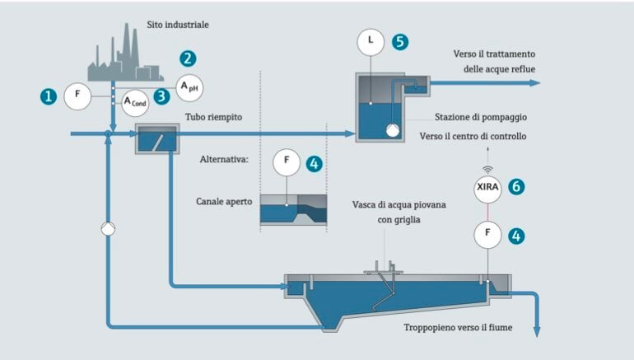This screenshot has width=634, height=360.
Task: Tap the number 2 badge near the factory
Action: click(x=189, y=58)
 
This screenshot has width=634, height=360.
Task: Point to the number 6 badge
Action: click(x=516, y=186)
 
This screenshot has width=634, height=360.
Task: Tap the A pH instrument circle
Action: click(x=191, y=85)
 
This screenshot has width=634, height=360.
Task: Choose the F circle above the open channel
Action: click(x=286, y=162)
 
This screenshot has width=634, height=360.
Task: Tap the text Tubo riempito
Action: click(x=213, y=118)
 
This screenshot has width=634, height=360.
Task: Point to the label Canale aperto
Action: click(x=224, y=200)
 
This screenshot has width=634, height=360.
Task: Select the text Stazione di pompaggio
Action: click(x=481, y=116)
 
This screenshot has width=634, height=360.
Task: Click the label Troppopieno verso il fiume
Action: click(x=457, y=327)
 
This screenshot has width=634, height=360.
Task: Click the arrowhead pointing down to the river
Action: click(x=537, y=330)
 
